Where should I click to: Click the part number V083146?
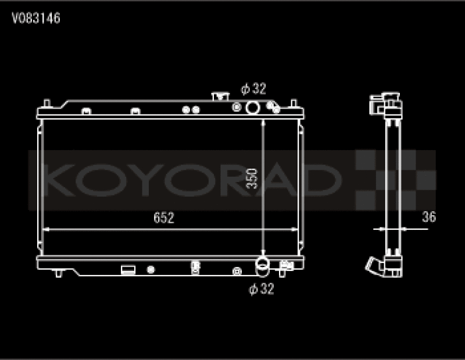37,19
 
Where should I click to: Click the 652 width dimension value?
164,218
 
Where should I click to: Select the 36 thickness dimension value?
429,218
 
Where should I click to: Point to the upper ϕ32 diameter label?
253,89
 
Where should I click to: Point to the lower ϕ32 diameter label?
261,288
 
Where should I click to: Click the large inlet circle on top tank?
253,108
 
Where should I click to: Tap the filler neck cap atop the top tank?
219,95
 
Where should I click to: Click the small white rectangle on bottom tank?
128,269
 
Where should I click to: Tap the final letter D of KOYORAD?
322,180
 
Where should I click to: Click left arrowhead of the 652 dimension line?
46,229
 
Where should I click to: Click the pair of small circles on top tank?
191,109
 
